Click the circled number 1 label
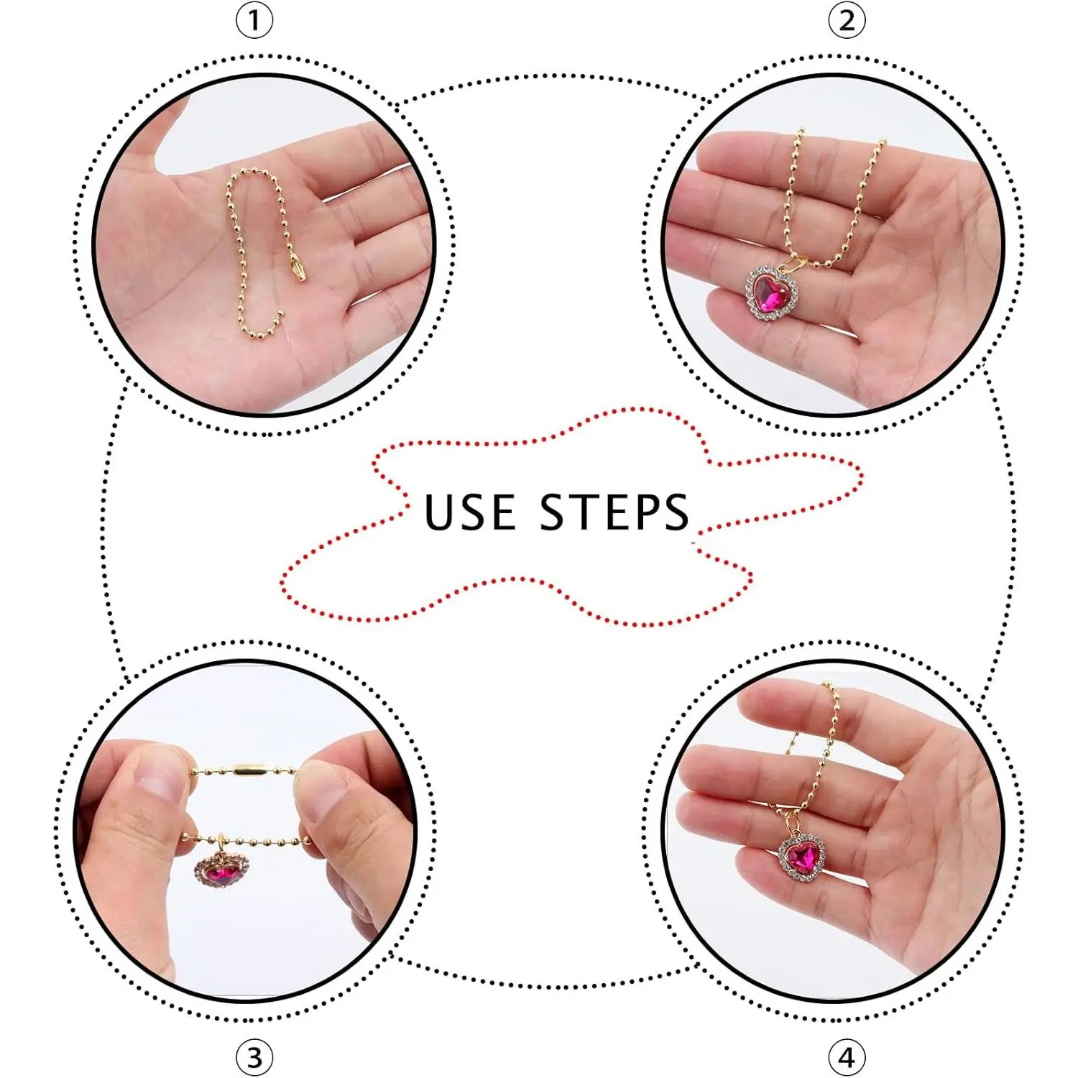pyautogui.click(x=254, y=22)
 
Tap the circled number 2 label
pyautogui.click(x=847, y=22)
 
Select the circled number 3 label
pyautogui.click(x=254, y=1057)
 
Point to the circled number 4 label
pyautogui.click(x=847, y=1057)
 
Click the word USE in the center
pyautogui.click(x=470, y=512)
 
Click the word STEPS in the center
pyautogui.click(x=614, y=512)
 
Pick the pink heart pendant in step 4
pyautogui.click(x=805, y=857)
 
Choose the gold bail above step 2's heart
pyautogui.click(x=798, y=262)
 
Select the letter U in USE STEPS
pyautogui.click(x=440, y=513)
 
